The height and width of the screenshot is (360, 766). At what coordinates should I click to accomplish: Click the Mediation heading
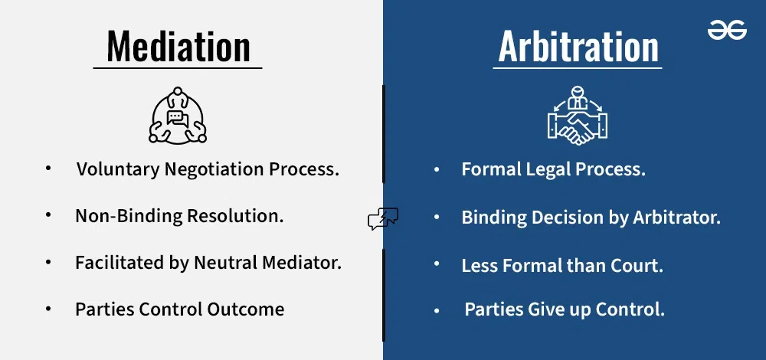pyautogui.click(x=178, y=47)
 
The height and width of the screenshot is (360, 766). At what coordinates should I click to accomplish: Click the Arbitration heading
pyautogui.click(x=578, y=47)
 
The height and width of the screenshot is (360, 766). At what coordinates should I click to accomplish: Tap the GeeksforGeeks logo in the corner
pyautogui.click(x=727, y=31)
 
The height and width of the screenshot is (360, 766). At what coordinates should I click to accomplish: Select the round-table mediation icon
pyautogui.click(x=178, y=116)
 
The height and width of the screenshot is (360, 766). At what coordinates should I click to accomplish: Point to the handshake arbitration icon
pyautogui.click(x=578, y=116)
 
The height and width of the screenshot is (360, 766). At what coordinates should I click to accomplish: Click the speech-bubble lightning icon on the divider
pyautogui.click(x=383, y=218)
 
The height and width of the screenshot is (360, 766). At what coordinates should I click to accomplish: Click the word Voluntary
pyautogui.click(x=118, y=170)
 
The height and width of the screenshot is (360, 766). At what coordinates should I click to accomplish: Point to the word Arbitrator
pyautogui.click(x=677, y=218)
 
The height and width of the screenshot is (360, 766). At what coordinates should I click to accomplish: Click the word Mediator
pyautogui.click(x=302, y=263)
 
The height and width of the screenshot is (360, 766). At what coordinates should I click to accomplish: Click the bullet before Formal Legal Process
pyautogui.click(x=437, y=169)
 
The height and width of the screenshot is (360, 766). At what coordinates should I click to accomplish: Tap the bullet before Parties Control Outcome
pyautogui.click(x=47, y=309)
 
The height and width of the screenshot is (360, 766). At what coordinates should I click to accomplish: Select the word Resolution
pyautogui.click(x=235, y=216)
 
